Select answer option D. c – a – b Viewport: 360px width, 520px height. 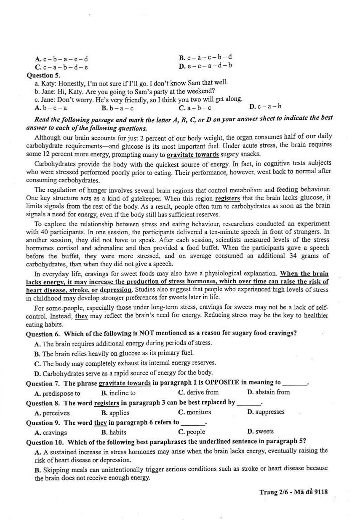tap(265, 107)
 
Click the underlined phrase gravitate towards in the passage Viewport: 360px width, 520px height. tap(192, 154)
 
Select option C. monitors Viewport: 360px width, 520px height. tap(195, 412)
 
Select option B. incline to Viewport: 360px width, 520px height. tap(118, 393)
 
